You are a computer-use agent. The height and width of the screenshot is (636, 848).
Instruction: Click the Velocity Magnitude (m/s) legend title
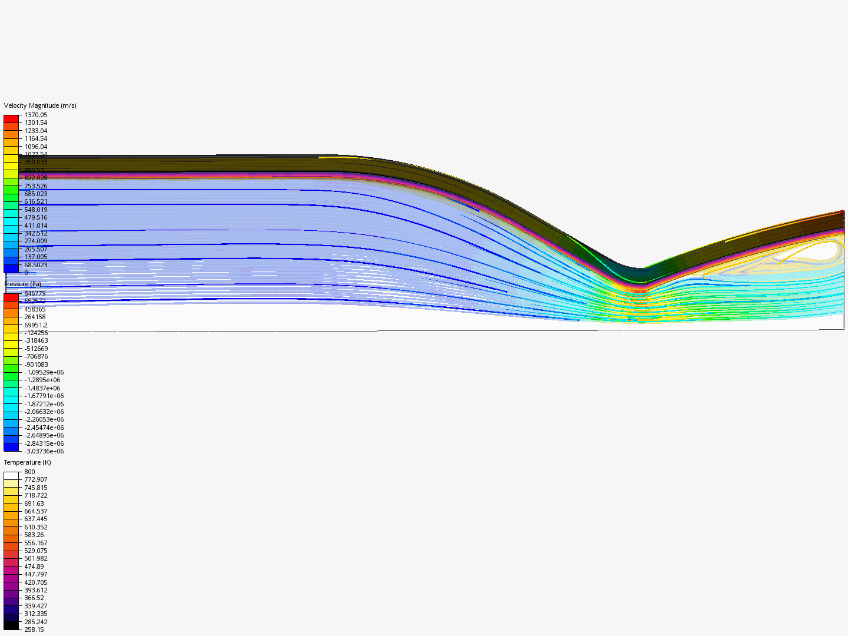point(40,105)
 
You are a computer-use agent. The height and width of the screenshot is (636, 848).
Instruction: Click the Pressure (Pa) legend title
point(23,284)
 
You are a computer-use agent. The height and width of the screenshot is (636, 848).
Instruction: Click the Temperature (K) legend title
point(28,462)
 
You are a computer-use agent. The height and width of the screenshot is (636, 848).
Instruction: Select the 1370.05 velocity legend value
point(36,115)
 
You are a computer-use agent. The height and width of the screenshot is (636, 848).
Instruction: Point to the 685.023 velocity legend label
point(36,194)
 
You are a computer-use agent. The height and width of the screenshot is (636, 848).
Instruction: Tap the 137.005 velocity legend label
point(36,257)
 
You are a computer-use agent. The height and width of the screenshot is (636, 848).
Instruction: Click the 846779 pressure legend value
point(35,293)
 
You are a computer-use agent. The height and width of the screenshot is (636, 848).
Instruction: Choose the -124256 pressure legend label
point(36,333)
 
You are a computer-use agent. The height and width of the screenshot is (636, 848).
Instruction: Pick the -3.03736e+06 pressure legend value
point(44,451)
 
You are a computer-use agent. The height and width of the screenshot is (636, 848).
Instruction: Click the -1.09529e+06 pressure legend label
point(44,372)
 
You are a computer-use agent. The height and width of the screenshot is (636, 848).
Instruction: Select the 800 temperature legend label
point(29,472)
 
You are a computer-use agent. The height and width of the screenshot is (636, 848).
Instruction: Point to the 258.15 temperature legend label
point(34,630)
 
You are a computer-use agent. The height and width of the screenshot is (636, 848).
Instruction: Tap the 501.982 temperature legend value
point(36,558)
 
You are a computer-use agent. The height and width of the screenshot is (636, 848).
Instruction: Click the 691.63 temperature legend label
point(34,503)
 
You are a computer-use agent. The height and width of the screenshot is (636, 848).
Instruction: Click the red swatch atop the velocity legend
point(11,119)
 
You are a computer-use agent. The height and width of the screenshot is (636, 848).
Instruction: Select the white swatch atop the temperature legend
point(11,476)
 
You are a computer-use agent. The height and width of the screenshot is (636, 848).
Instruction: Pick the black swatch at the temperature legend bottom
point(11,625)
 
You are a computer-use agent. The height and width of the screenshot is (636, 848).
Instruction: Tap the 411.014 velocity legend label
point(36,226)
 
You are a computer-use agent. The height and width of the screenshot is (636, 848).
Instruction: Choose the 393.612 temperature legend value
point(36,590)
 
